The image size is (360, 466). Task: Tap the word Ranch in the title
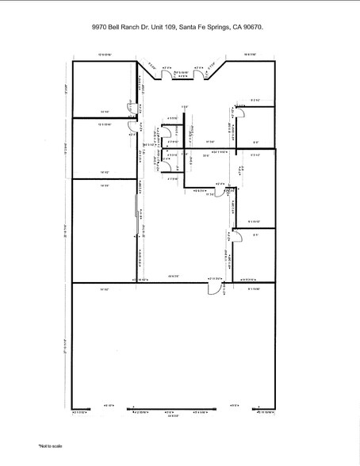click(x=140, y=26)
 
